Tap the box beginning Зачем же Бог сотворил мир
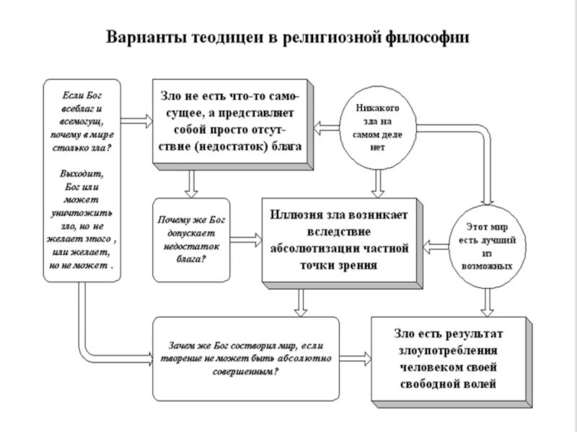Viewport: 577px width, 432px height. click(245, 358)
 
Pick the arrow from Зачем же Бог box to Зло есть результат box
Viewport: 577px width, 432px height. click(355, 358)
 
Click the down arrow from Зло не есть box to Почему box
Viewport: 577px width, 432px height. click(191, 183)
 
